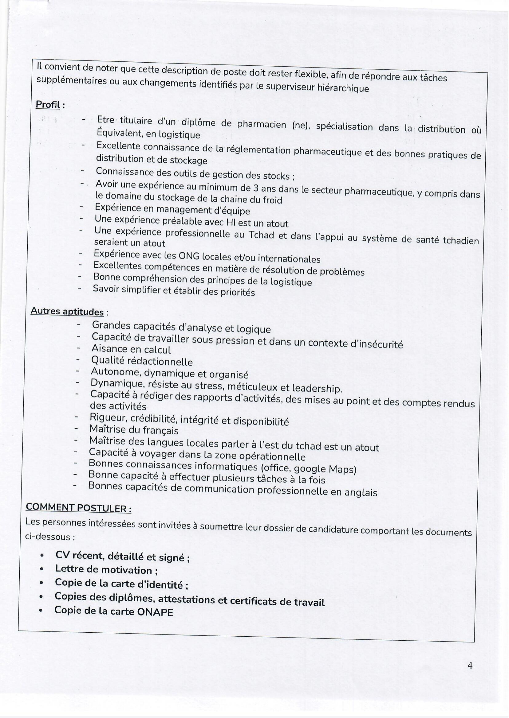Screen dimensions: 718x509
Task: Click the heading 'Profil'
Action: point(48,105)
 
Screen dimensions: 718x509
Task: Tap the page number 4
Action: point(470,674)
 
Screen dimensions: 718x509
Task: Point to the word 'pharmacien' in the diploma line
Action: point(262,125)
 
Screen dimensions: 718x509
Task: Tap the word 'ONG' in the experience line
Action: point(189,256)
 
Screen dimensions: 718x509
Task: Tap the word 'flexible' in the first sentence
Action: point(308,74)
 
